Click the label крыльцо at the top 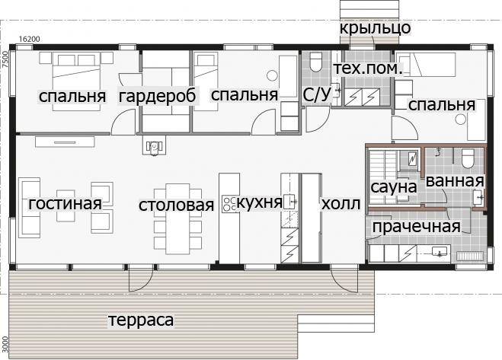(375, 28)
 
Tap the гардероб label (157, 96)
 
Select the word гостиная (65, 203)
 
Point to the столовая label (176, 205)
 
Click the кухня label (259, 202)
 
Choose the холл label (341, 203)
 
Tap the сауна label (394, 187)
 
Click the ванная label (455, 181)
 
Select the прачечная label (416, 227)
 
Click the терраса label (141, 320)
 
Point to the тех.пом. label (368, 68)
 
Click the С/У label (317, 95)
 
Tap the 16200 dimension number (30, 39)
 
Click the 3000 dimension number (4, 344)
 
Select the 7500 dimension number (4, 59)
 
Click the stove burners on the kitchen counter (229, 204)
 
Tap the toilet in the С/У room (315, 62)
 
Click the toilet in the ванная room (468, 159)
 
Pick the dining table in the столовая (177, 219)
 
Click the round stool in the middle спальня (272, 76)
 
